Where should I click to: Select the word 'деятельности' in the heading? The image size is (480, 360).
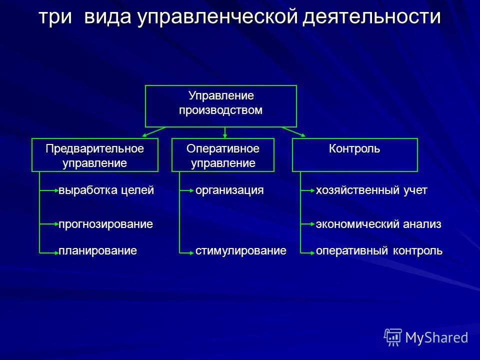(x=371, y=17)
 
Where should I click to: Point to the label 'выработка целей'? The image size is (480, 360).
(x=106, y=190)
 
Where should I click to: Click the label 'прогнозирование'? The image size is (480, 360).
(x=105, y=224)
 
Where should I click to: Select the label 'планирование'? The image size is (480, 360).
(x=97, y=251)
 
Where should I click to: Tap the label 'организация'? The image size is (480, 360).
(x=229, y=190)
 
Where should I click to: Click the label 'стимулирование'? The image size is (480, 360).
(x=241, y=251)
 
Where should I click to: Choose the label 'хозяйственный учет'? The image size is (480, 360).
(x=371, y=190)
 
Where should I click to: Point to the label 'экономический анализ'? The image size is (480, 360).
(x=378, y=224)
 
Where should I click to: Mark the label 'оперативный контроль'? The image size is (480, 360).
(x=379, y=251)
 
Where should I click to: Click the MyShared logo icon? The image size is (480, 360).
(x=393, y=337)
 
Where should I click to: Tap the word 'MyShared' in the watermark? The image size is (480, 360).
(x=436, y=337)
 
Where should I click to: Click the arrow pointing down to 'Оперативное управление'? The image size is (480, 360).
(x=225, y=132)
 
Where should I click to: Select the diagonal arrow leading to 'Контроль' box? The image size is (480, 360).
(x=293, y=132)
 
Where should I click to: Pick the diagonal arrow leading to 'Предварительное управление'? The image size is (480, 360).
(x=154, y=132)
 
